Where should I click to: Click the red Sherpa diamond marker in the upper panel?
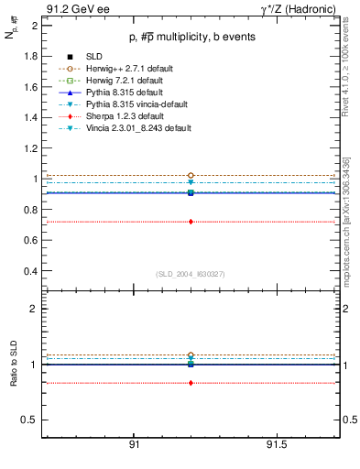pos(191,222)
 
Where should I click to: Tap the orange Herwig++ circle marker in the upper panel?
pos(191,175)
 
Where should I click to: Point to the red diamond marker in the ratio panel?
pos(191,383)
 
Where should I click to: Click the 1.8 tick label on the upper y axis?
pos(30,56)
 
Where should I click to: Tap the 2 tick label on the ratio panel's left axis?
pos(34,309)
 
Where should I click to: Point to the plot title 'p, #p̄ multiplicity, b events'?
pos(191,37)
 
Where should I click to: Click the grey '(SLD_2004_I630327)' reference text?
pos(191,274)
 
